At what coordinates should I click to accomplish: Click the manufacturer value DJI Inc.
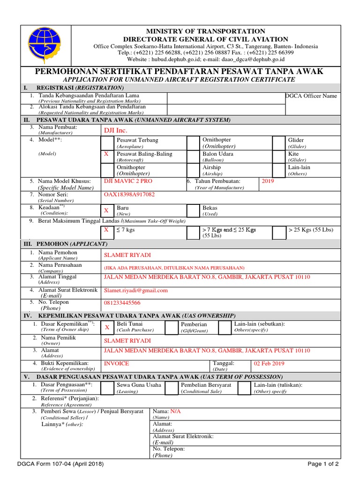click(x=115, y=130)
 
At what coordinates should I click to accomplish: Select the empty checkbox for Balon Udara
click(x=193, y=156)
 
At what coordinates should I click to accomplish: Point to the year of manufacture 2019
click(x=267, y=181)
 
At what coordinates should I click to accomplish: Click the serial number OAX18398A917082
click(x=129, y=194)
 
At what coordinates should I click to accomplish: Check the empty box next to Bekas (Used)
click(x=193, y=210)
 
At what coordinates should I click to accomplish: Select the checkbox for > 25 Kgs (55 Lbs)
click(x=279, y=232)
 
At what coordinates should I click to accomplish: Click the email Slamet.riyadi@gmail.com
click(x=136, y=290)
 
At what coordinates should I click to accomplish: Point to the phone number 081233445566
click(x=122, y=303)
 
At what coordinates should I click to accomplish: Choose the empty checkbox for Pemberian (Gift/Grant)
click(x=172, y=327)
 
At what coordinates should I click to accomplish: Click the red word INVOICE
click(x=116, y=363)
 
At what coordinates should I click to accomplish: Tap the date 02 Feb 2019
click(x=269, y=363)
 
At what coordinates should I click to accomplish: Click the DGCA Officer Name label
click(x=311, y=96)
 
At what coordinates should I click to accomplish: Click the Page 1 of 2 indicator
click(x=323, y=464)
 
